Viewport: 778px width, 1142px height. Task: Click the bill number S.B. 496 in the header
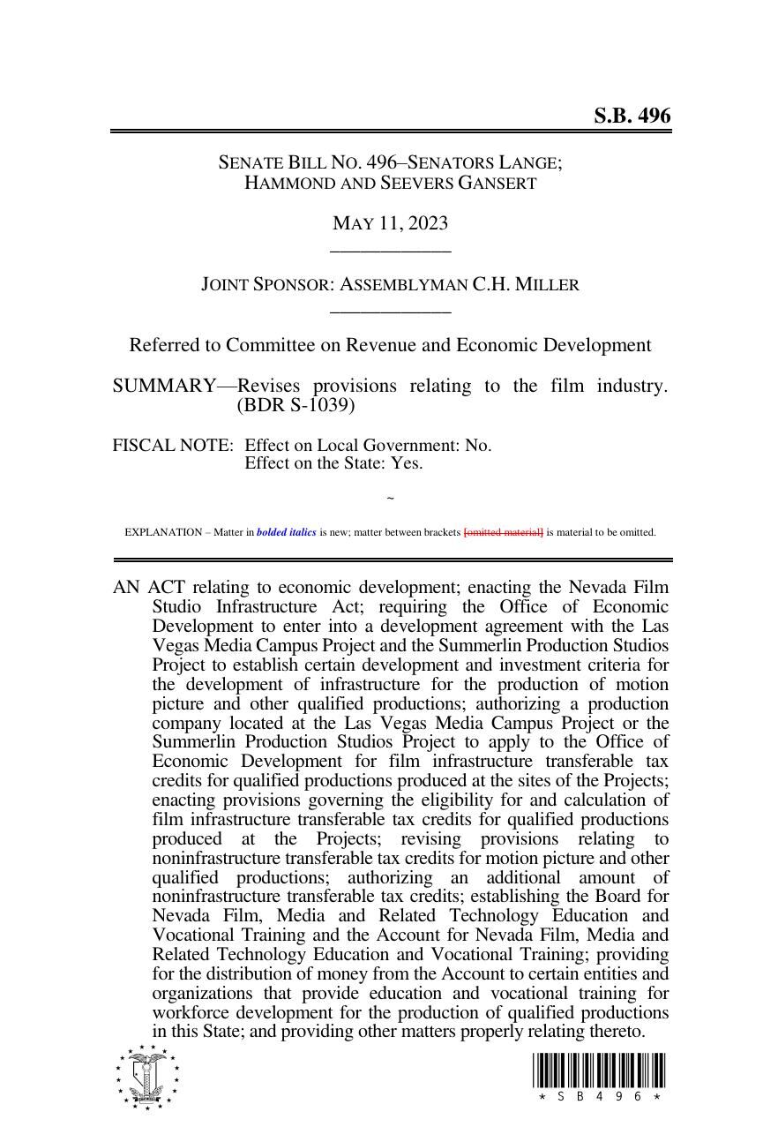pos(632,116)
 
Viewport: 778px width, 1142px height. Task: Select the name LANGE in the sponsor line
pos(529,163)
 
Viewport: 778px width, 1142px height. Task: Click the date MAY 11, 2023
pos(390,223)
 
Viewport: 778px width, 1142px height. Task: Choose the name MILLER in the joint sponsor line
pos(547,285)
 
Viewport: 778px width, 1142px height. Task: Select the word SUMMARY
pos(164,387)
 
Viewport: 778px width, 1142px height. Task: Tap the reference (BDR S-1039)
pos(295,406)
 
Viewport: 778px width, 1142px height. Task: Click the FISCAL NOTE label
pos(172,446)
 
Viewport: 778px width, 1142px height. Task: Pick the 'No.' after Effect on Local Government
pos(478,446)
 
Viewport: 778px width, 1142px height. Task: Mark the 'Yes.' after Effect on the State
pos(407,463)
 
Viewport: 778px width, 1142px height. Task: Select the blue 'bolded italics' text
pos(286,532)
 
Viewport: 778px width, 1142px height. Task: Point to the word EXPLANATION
pos(163,532)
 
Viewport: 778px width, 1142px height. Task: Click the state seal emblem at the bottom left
pos(146,1077)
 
